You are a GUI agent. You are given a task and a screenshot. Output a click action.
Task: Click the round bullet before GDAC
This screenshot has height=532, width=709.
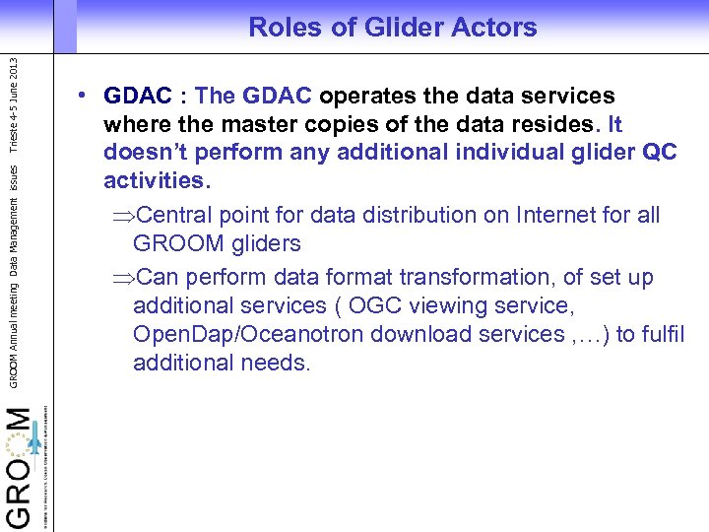coord(87,97)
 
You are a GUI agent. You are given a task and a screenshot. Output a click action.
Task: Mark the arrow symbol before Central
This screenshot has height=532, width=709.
coord(121,216)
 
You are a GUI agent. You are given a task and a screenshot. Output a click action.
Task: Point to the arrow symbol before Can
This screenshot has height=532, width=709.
coord(121,278)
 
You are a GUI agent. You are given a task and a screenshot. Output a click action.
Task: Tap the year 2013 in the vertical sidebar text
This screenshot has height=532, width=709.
coord(12,75)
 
